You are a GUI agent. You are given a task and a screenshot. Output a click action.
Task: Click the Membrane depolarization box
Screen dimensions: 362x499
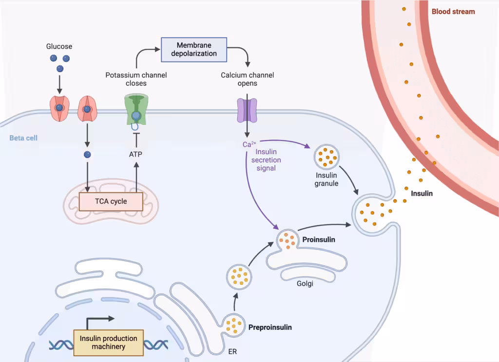click(194, 49)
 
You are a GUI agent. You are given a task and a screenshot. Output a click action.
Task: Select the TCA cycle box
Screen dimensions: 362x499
click(111, 201)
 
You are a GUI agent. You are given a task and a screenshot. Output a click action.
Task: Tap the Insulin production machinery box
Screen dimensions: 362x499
click(108, 342)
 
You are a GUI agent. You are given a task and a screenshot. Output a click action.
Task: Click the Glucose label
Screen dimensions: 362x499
click(59, 46)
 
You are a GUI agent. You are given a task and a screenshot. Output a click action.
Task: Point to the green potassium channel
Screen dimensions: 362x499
click(135, 110)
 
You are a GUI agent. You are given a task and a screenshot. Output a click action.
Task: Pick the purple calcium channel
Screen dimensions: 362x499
click(247, 110)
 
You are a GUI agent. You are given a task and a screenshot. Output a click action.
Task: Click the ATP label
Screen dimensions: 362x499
click(136, 155)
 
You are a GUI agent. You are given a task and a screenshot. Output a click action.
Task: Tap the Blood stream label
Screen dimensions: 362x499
click(453, 12)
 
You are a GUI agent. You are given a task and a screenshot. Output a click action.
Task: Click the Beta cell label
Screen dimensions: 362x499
click(23, 138)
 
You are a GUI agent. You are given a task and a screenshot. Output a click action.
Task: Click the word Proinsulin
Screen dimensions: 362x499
click(318, 240)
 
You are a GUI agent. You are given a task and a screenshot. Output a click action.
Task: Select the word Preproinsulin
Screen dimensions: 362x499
click(270, 327)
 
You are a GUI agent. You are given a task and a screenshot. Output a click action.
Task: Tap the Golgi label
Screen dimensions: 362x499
click(304, 283)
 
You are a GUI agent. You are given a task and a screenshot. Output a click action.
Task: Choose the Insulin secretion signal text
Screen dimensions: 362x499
click(269, 161)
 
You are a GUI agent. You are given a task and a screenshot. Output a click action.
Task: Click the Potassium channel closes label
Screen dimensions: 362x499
click(136, 79)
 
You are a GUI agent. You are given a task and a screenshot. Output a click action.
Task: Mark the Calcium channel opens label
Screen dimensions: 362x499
click(247, 79)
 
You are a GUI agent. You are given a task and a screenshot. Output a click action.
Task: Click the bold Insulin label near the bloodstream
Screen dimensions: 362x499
click(422, 193)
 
